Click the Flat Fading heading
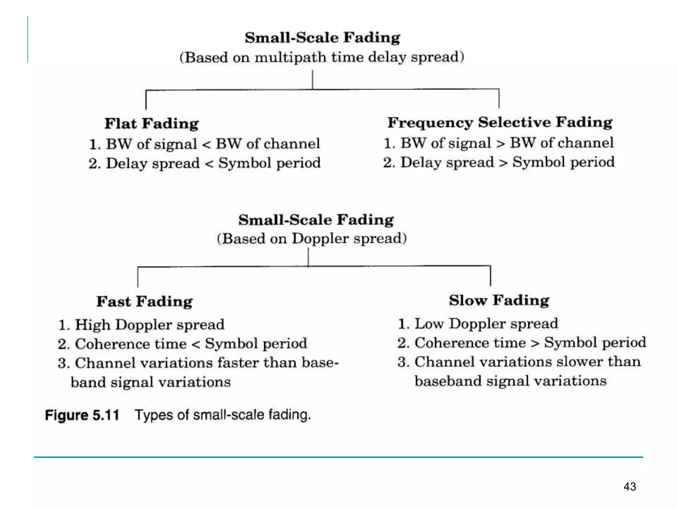(151, 124)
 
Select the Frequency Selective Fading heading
(500, 122)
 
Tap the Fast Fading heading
(144, 301)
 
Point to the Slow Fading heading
(499, 300)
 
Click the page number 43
(629, 487)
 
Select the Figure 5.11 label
(82, 415)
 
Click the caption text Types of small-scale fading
(223, 415)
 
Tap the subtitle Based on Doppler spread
(312, 238)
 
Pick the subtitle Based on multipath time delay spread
(322, 57)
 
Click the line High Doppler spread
(141, 324)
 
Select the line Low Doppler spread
(478, 323)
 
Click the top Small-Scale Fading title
(322, 37)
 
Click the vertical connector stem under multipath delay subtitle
(312, 79)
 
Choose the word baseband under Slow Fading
(448, 381)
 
